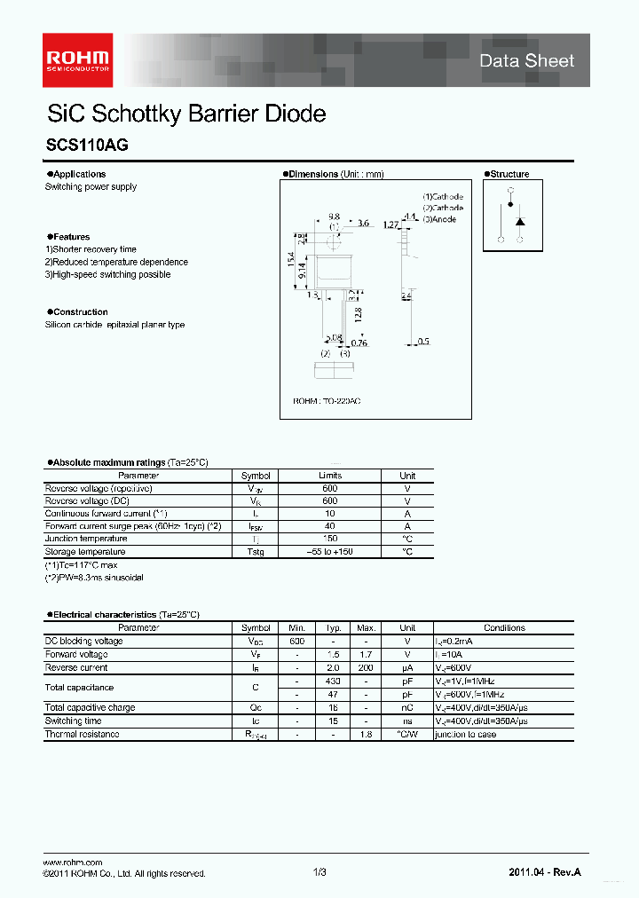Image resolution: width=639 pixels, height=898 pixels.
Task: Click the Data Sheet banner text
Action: click(x=526, y=61)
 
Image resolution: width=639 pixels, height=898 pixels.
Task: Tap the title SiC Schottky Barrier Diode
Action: click(x=185, y=114)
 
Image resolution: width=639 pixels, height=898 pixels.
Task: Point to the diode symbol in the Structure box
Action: click(x=520, y=219)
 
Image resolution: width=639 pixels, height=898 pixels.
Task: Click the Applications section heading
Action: click(x=78, y=174)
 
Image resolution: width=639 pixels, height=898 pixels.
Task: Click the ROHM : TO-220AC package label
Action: click(x=327, y=402)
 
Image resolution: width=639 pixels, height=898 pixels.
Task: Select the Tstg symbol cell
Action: click(x=256, y=552)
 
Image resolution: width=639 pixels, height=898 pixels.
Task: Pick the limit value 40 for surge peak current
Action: click(x=330, y=526)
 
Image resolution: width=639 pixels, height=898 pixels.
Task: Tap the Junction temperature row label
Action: click(x=86, y=539)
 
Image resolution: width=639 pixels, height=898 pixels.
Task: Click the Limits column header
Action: click(x=330, y=476)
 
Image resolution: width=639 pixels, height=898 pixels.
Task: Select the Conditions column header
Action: click(x=504, y=627)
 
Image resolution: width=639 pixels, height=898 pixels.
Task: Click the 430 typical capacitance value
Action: click(x=333, y=681)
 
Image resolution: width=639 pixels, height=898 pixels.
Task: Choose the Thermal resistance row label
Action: click(x=82, y=734)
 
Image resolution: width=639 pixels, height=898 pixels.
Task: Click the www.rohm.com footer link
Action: click(x=73, y=863)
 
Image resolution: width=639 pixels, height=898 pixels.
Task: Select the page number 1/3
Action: click(x=319, y=873)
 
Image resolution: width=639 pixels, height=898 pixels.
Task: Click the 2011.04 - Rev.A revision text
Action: click(x=545, y=873)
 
